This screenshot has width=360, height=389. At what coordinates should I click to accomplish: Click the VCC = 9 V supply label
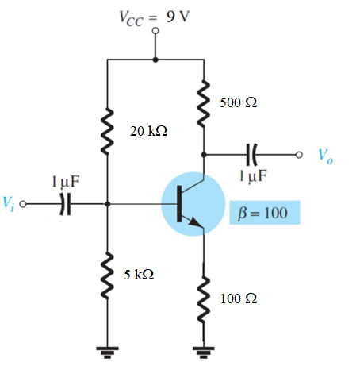coord(155,18)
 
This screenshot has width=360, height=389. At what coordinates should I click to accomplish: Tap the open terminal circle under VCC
coord(155,31)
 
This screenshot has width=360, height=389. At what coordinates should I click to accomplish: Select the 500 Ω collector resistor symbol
coord(204,104)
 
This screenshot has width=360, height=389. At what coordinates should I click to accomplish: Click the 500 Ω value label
coord(238,102)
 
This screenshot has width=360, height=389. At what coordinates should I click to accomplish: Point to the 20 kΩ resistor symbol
coord(107,131)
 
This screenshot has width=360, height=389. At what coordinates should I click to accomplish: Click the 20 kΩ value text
coord(148,131)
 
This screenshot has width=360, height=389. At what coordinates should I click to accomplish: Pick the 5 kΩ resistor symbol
coord(107,275)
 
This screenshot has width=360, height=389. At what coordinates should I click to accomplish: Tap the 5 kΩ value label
coord(139,275)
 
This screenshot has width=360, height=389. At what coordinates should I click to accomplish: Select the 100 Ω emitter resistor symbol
coord(204,299)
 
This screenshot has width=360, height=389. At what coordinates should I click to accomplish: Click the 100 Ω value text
coord(239,298)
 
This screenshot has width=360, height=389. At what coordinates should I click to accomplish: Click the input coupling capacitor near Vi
coord(65,204)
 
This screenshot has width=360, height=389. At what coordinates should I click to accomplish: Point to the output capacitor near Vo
coord(251,155)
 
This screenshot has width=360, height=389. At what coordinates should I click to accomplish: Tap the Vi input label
coord(8,203)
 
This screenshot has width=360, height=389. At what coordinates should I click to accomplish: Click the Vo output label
coord(325,156)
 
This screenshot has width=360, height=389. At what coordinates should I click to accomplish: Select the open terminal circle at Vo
coord(299,155)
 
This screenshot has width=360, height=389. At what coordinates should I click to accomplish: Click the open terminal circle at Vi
coord(23,204)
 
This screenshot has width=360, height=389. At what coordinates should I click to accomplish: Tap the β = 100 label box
coord(265,213)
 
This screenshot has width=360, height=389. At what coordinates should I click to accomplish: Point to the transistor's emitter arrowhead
coord(195,221)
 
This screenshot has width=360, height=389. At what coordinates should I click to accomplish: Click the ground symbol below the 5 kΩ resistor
coord(107,352)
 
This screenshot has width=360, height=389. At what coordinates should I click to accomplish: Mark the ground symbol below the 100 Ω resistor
coord(204,352)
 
